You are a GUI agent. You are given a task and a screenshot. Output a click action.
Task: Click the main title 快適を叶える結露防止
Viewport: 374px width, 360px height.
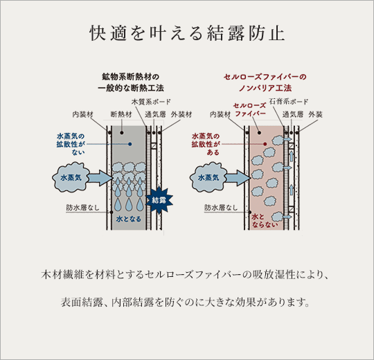tap(187, 33)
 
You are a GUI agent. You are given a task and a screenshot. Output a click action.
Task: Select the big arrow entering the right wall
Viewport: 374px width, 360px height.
tap(238, 178)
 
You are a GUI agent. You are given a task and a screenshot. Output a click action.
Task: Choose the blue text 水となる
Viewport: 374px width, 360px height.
tap(128, 219)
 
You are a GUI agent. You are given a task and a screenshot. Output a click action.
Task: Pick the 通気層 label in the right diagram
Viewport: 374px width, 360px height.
tap(292, 113)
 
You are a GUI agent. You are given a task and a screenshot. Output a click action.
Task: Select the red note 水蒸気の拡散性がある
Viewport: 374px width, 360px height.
tap(205, 143)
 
